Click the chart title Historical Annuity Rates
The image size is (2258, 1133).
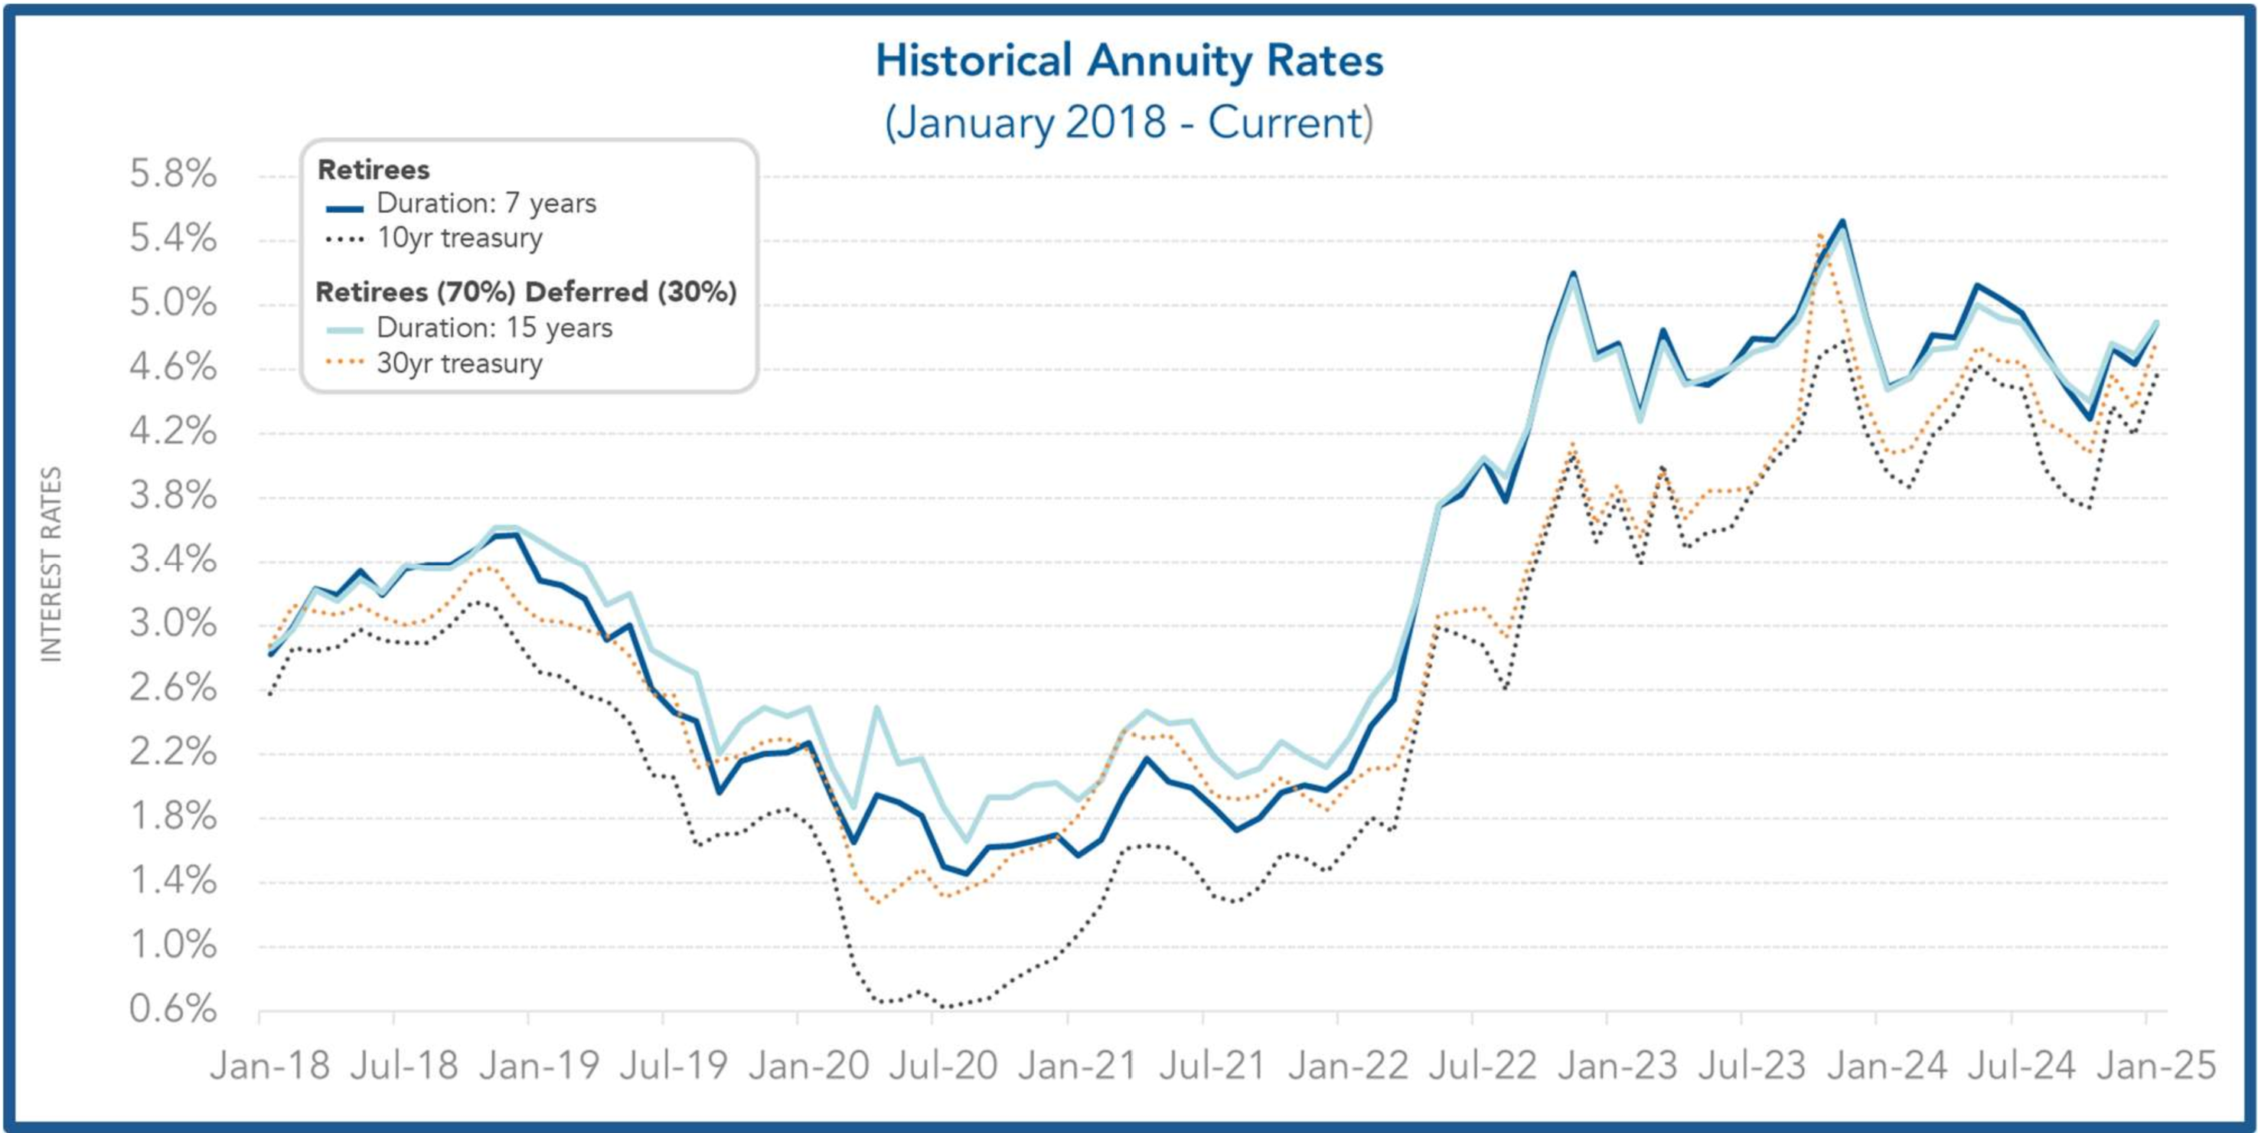tap(1129, 61)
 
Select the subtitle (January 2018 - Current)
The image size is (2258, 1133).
tap(1129, 122)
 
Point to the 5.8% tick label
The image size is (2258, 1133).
tap(173, 174)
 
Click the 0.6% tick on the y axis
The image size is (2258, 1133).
tap(173, 1009)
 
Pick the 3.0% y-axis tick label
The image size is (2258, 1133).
tap(173, 625)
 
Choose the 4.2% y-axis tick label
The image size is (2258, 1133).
tap(173, 432)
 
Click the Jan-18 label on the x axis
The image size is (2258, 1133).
tap(270, 1066)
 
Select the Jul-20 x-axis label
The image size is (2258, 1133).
tap(943, 1066)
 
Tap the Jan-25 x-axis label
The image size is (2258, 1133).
tap(2155, 1066)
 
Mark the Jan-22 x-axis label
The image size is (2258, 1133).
tap(1347, 1066)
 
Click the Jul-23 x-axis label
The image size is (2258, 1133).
tap(1751, 1066)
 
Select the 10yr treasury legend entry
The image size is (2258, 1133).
tap(459, 239)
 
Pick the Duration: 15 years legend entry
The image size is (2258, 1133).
tap(494, 328)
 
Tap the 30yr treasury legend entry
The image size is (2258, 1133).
tap(459, 363)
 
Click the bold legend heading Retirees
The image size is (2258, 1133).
tap(374, 169)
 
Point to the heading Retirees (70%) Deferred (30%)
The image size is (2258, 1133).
tap(526, 292)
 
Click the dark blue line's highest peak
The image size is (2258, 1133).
tap(1842, 221)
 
